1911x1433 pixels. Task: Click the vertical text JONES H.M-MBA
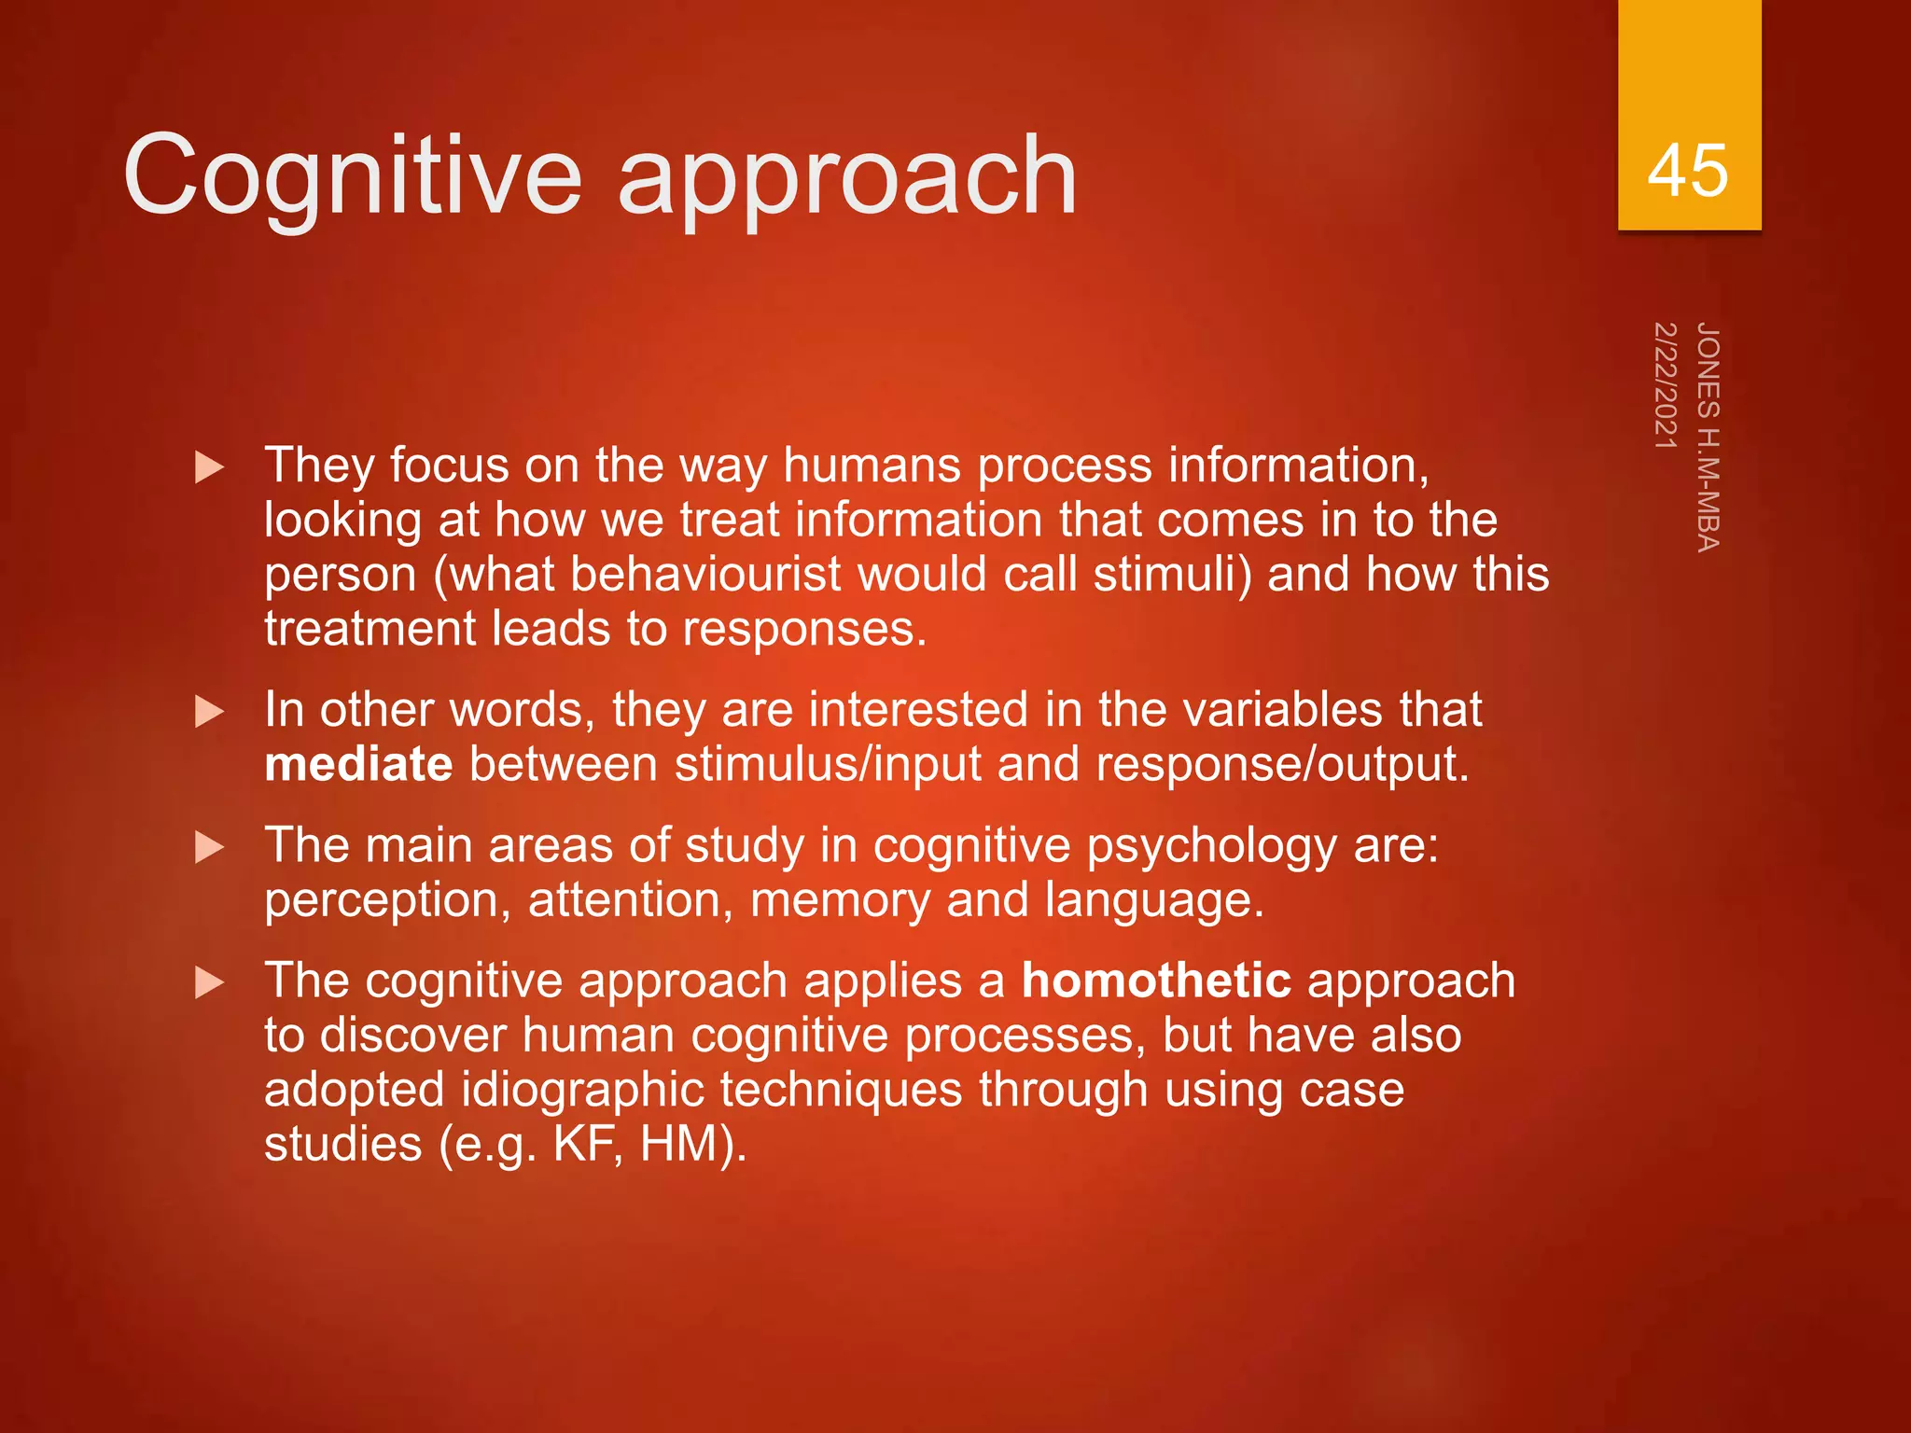click(1708, 437)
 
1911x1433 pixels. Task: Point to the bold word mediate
click(358, 764)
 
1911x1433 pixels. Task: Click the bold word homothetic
click(1156, 981)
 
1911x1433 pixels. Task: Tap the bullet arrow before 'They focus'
click(209, 467)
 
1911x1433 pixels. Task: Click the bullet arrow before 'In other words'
click(209, 713)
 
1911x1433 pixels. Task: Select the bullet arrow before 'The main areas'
click(209, 848)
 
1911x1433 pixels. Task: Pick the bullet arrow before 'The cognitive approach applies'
click(209, 983)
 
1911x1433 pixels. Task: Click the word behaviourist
click(705, 574)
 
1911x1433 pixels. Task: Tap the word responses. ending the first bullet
click(804, 629)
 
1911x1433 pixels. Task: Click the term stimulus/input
click(828, 764)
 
